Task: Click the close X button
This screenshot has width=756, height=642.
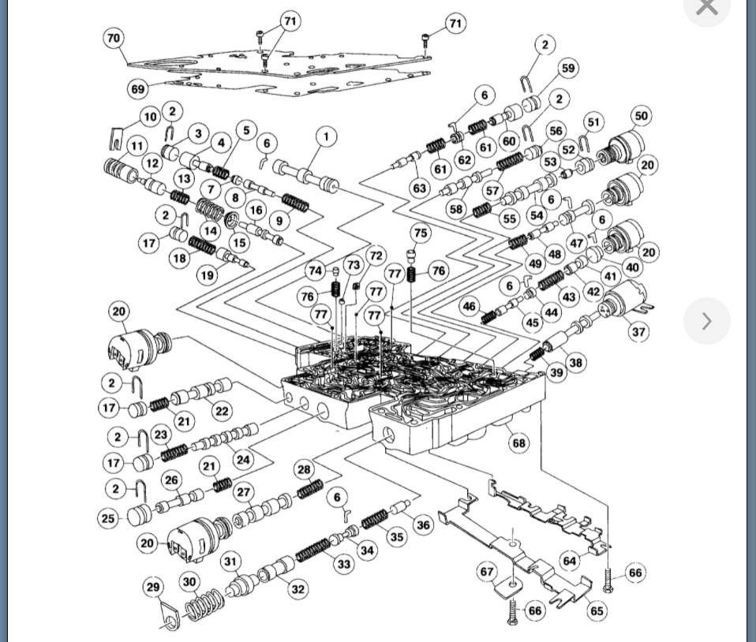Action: coord(706,7)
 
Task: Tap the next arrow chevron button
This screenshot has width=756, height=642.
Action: coord(706,321)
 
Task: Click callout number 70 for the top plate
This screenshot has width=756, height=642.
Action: coord(114,38)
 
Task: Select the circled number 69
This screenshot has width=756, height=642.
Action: coord(137,88)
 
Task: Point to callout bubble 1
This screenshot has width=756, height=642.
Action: coord(326,136)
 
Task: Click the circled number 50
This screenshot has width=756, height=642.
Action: coord(641,116)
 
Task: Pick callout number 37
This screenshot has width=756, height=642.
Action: coord(638,331)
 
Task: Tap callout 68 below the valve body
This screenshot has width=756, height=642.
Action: coord(518,442)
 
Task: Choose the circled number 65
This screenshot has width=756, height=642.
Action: coord(597,610)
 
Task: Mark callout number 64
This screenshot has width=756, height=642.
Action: coord(570,561)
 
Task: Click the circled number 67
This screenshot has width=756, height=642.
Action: coord(487,572)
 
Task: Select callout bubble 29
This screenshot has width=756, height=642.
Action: coord(154,587)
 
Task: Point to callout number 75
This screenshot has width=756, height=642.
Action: coord(421,233)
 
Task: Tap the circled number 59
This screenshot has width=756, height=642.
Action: coord(568,69)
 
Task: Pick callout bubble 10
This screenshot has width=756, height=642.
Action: coord(151,118)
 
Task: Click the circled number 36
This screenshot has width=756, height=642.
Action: coord(423,524)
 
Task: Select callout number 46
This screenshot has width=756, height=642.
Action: coord(470,306)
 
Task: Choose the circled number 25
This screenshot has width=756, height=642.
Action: coord(108,518)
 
